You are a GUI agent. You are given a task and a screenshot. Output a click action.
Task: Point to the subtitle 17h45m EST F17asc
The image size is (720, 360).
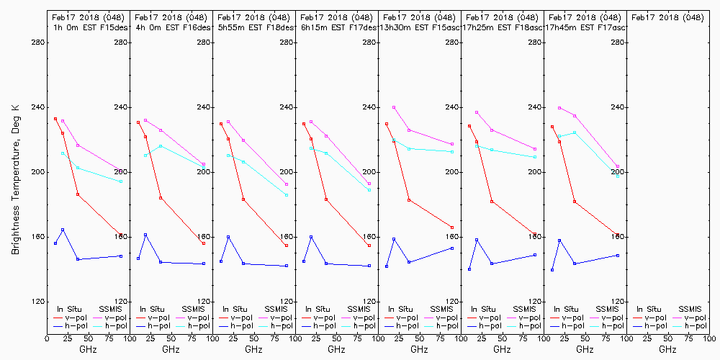click(x=585, y=27)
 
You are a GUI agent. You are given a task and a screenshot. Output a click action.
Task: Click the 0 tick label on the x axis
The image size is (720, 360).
click(x=47, y=338)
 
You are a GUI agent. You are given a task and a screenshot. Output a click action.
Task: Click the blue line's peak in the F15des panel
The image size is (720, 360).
click(x=63, y=230)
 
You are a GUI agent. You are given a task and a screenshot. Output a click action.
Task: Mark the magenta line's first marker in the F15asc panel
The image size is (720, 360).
click(x=394, y=107)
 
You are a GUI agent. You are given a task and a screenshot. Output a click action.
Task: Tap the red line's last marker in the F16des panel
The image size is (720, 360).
click(x=204, y=243)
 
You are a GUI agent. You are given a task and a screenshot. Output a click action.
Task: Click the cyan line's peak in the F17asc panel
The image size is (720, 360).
click(x=575, y=132)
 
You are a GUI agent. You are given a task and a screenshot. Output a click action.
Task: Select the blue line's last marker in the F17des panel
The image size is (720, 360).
click(x=369, y=266)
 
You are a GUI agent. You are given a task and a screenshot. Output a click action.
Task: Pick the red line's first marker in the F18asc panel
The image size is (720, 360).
click(x=469, y=126)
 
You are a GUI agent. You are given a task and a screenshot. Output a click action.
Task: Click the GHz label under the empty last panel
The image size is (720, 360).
click(x=667, y=349)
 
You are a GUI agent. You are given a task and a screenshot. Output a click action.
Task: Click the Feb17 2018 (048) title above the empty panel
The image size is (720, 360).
click(x=667, y=17)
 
